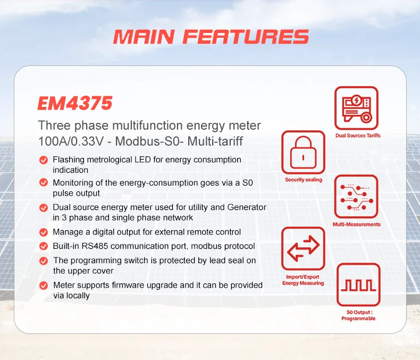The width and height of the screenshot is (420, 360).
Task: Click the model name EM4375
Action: (75, 103)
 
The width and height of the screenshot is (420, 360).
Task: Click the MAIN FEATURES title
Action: (211, 37)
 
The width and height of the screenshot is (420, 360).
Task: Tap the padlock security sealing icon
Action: (303, 153)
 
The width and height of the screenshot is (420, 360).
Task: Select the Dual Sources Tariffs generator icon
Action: (356, 108)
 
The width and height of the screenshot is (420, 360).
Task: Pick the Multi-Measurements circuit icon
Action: (356, 197)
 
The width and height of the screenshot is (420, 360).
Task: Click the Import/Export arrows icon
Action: (303, 249)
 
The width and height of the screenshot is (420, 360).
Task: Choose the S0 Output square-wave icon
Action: (358, 285)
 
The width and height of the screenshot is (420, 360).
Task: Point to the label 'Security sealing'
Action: (304, 180)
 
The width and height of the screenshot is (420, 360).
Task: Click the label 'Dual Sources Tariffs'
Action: (358, 136)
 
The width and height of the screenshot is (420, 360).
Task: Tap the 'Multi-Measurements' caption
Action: (357, 224)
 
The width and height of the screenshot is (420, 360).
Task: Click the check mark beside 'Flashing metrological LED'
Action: (44, 160)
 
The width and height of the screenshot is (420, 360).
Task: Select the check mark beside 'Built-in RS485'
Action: (44, 246)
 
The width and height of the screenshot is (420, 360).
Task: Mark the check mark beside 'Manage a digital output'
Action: (44, 232)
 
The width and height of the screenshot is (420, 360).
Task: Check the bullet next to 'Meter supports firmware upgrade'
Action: (44, 286)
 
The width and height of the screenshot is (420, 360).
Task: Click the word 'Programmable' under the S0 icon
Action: (358, 319)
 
